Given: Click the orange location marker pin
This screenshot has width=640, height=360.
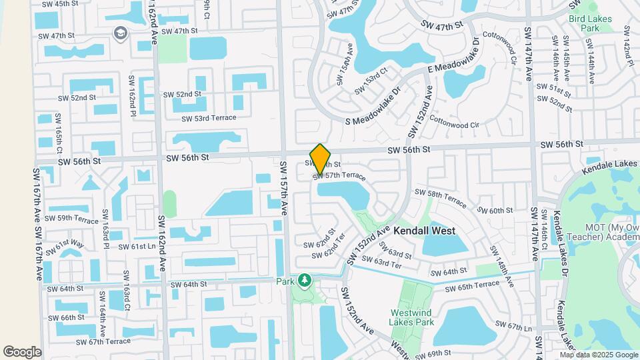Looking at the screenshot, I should click(x=321, y=159).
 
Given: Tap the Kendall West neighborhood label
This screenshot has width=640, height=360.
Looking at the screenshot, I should click(x=424, y=231).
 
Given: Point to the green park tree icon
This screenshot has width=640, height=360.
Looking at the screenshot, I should click(x=305, y=280).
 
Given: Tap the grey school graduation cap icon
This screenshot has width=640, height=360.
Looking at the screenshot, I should click(x=121, y=33).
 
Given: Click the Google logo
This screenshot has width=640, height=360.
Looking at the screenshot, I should click(x=22, y=352).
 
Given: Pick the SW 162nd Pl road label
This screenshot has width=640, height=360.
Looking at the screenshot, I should click(x=133, y=94).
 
